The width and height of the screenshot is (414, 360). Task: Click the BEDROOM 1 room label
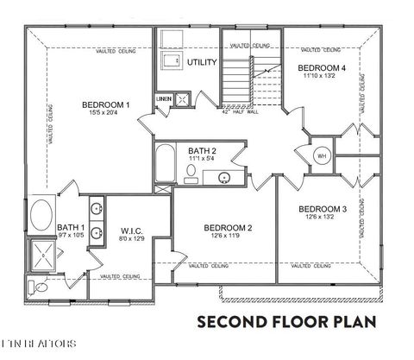click(x=105, y=105)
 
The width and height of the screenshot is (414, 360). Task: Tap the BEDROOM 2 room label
click(x=228, y=228)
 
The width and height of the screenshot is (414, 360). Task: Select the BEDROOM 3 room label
click(x=323, y=209)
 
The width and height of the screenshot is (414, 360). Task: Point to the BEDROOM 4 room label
click(x=322, y=67)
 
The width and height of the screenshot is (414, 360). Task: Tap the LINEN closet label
click(x=164, y=99)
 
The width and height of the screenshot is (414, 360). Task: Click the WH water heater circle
click(x=322, y=155)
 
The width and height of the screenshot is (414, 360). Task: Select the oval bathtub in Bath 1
click(x=41, y=214)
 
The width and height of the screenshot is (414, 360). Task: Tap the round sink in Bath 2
click(x=224, y=178)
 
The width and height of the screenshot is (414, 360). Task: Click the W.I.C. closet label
click(x=131, y=231)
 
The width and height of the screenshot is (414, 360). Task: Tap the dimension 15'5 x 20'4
click(x=105, y=115)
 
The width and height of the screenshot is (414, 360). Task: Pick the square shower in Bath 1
click(x=41, y=254)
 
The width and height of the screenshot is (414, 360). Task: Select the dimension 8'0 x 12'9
click(x=131, y=239)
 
